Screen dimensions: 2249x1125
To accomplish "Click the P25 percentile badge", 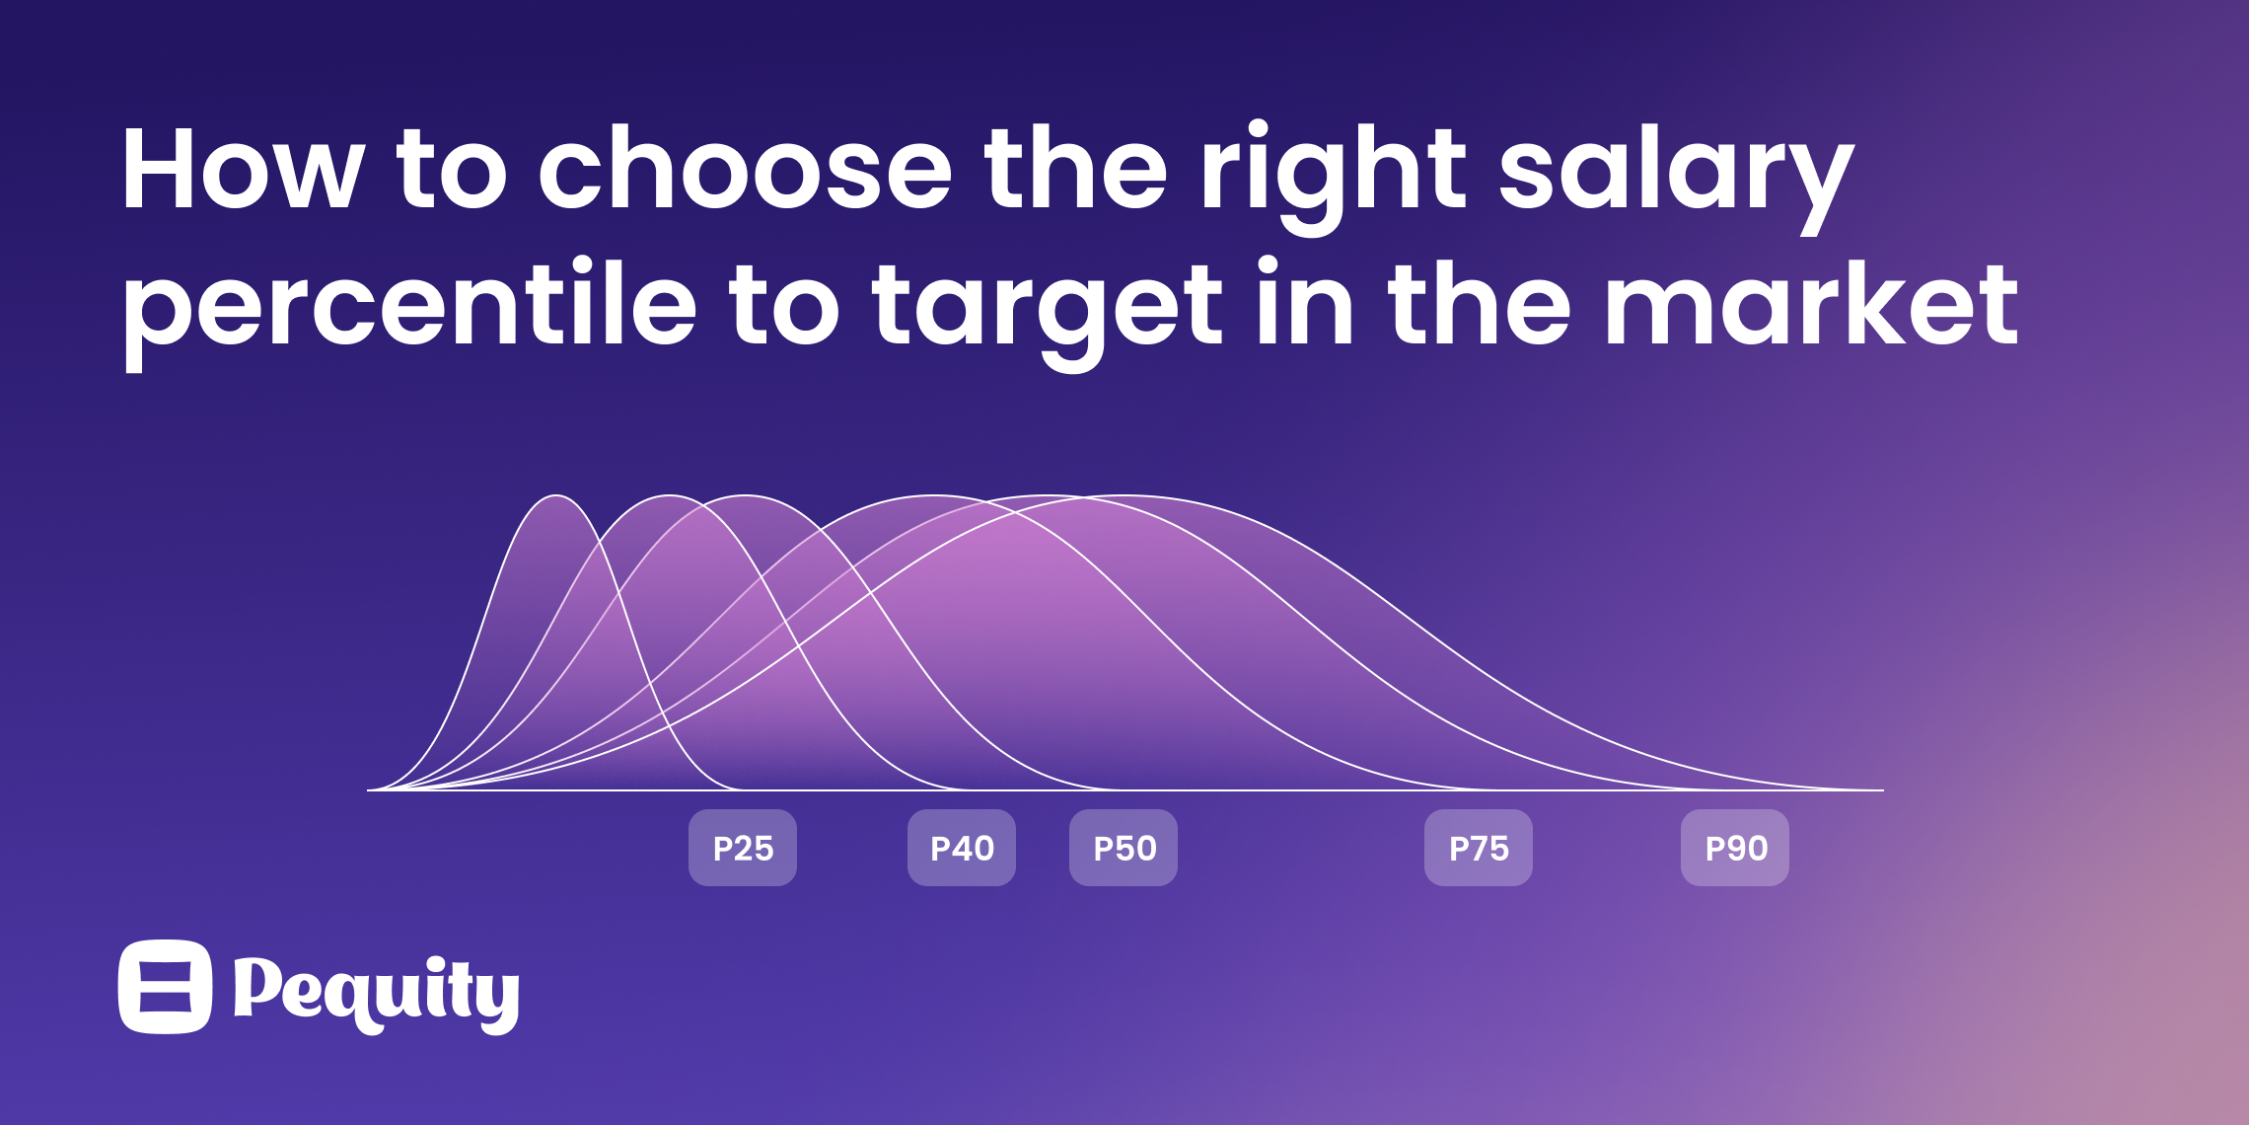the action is click(x=743, y=848).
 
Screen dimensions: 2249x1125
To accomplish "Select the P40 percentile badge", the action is click(x=962, y=848).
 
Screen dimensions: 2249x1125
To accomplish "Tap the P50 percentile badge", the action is click(x=1124, y=848).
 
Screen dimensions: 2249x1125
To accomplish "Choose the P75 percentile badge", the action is click(x=1479, y=848).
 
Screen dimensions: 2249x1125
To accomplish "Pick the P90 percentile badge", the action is click(x=1735, y=848).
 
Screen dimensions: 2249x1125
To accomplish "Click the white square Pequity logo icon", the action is click(x=165, y=987).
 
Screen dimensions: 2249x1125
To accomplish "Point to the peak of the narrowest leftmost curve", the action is click(x=556, y=495).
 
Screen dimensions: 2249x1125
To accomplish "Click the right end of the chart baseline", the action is click(x=1883, y=790).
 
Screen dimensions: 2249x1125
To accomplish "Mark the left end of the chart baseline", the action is click(x=368, y=790).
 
